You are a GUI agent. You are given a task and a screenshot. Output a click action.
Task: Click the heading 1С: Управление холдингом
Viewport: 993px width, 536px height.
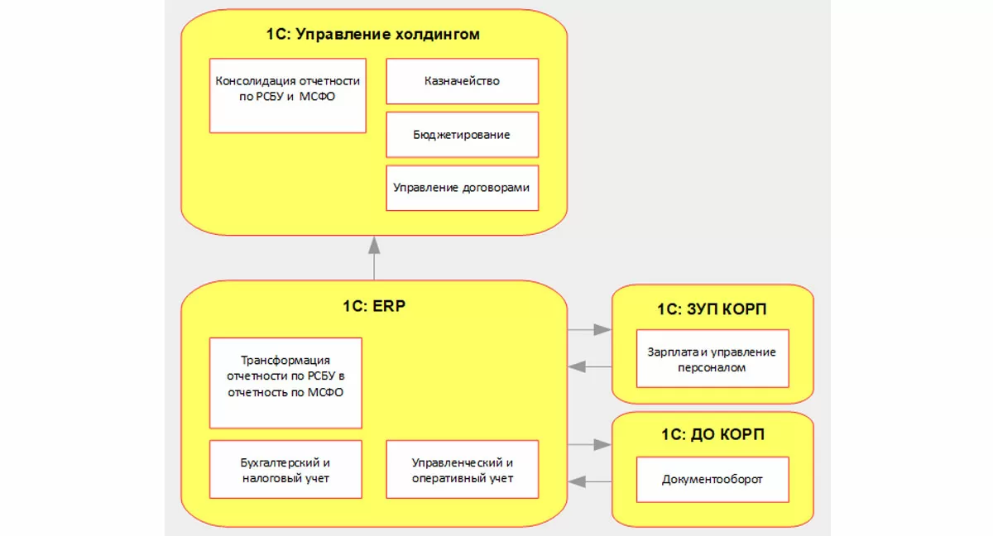pyautogui.click(x=373, y=35)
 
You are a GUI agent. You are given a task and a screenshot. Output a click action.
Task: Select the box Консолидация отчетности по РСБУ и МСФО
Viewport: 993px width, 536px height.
pyautogui.click(x=287, y=95)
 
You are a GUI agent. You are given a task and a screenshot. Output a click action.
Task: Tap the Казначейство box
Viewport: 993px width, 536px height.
pyautogui.click(x=462, y=81)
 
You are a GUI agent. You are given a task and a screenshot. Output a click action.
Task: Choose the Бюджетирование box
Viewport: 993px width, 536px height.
pyautogui.click(x=462, y=134)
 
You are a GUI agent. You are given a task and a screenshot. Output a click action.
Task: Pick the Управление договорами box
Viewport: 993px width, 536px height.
pyautogui.click(x=462, y=188)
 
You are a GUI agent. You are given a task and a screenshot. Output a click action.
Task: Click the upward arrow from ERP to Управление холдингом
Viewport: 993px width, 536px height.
pyautogui.click(x=374, y=256)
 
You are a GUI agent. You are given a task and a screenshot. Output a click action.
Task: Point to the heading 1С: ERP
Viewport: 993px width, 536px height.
pyautogui.click(x=374, y=305)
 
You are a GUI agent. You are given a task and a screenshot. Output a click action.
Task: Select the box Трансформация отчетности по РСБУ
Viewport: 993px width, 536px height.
pyautogui.click(x=285, y=382)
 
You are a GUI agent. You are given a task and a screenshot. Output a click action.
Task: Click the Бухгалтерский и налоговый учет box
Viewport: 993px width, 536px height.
pyautogui.click(x=285, y=470)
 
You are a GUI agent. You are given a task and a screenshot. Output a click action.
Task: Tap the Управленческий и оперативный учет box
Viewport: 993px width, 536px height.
pyautogui.click(x=462, y=470)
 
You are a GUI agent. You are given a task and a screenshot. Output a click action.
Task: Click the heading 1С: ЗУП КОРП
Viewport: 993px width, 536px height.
pyautogui.click(x=712, y=309)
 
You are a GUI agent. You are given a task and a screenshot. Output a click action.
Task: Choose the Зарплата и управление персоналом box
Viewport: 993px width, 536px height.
pyautogui.click(x=712, y=359)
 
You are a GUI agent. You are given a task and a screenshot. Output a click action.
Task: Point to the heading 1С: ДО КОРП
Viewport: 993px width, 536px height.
pyautogui.click(x=712, y=435)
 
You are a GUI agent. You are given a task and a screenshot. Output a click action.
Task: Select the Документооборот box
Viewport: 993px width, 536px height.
pyautogui.click(x=712, y=479)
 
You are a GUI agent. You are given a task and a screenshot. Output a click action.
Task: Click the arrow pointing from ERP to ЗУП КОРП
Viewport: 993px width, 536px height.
pyautogui.click(x=589, y=329)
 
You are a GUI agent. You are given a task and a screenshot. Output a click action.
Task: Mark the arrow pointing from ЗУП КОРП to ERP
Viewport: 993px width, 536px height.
pyautogui.click(x=589, y=366)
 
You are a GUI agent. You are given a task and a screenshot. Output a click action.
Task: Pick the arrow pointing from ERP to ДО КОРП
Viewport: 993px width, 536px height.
pyautogui.click(x=589, y=445)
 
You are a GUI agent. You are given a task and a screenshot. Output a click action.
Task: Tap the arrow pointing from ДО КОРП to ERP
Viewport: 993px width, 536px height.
pyautogui.click(x=589, y=481)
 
